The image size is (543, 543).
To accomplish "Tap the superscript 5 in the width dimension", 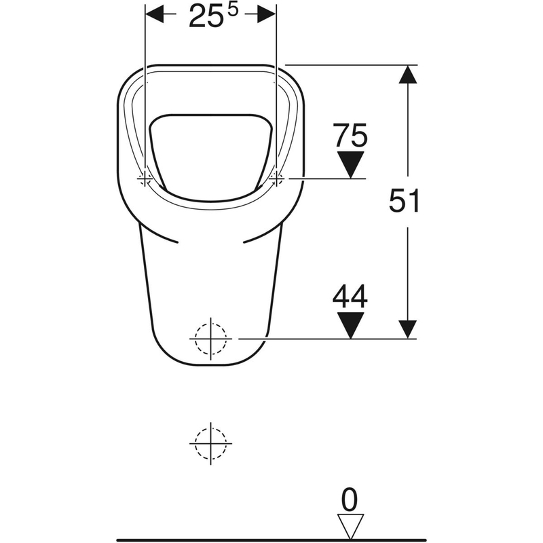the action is click(x=233, y=10).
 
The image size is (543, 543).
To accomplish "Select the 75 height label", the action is click(x=350, y=134).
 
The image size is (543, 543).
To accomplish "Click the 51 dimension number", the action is click(x=404, y=200).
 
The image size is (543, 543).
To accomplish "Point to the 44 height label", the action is click(x=350, y=296).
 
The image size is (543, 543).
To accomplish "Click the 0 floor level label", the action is click(x=350, y=500).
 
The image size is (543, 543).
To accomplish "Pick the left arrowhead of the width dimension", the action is click(x=155, y=14).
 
